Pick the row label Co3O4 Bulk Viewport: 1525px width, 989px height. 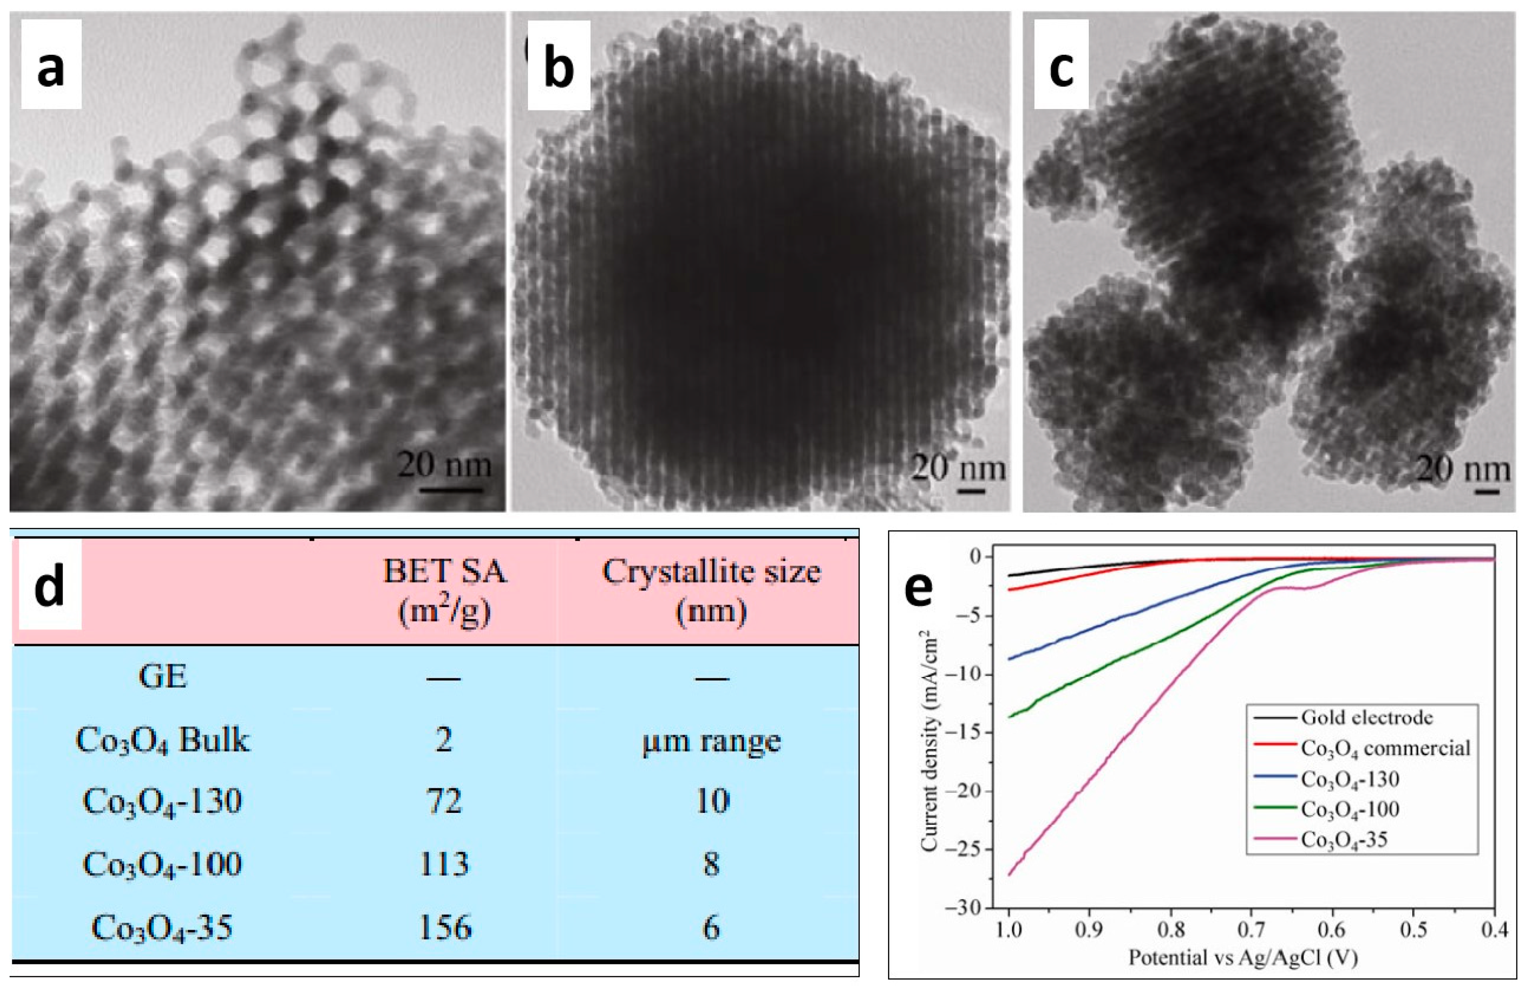coord(162,740)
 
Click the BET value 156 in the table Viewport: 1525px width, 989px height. coord(444,927)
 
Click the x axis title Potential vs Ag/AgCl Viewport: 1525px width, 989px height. coord(1243,958)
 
